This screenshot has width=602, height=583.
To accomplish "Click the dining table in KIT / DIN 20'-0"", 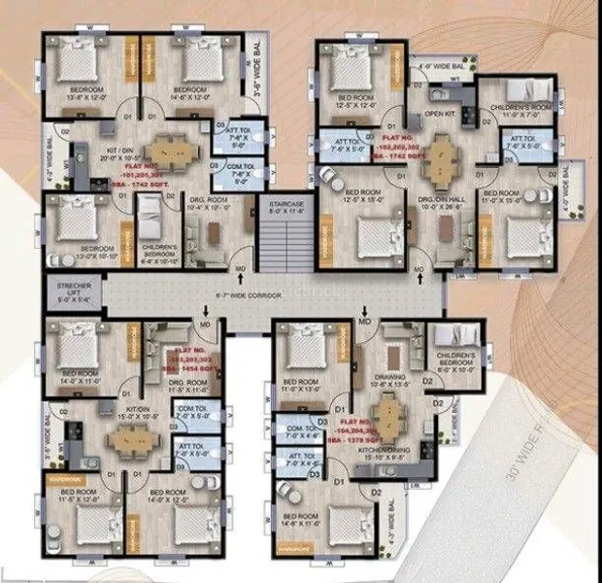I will tap(171, 152).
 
